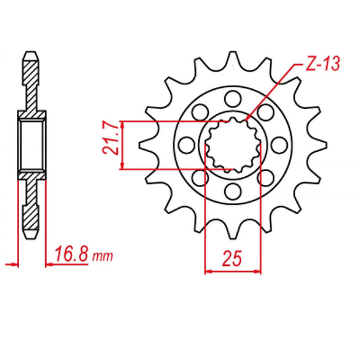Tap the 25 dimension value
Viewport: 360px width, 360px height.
[x=232, y=258]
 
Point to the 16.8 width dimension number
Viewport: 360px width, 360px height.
[x=72, y=253]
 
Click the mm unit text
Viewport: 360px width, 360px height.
[x=103, y=257]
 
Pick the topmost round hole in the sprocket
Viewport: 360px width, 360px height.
[x=233, y=99]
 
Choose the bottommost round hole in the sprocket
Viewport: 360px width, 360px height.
[x=233, y=190]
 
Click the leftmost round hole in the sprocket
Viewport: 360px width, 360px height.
[x=186, y=145]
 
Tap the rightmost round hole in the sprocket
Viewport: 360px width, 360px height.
[x=280, y=145]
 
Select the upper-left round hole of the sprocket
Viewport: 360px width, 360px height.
[x=200, y=112]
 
